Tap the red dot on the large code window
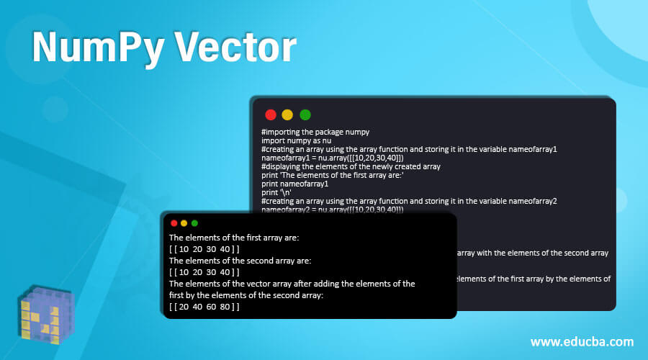(x=271, y=114)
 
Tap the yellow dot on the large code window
(x=287, y=114)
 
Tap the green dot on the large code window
(x=305, y=114)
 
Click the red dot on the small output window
(x=174, y=223)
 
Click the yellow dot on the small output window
(x=184, y=223)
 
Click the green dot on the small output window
(x=194, y=223)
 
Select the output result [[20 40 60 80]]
(x=204, y=306)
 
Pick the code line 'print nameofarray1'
(x=290, y=184)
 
